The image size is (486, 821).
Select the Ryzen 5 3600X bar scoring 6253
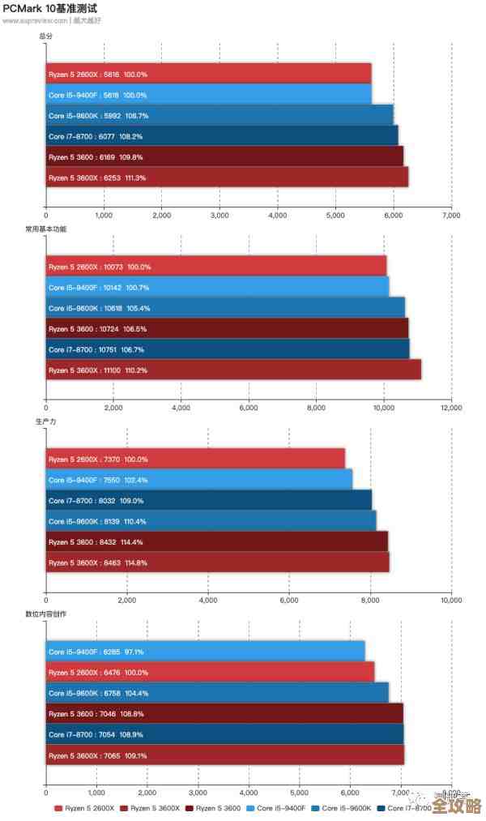pyautogui.click(x=227, y=177)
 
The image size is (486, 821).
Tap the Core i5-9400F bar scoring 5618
pyautogui.click(x=208, y=95)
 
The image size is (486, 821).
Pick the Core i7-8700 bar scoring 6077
pyautogui.click(x=221, y=136)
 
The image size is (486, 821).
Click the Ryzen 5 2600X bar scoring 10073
pyautogui.click(x=215, y=267)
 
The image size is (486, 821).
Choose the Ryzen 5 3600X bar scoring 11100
pyautogui.click(x=233, y=370)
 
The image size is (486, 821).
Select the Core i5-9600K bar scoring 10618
pyautogui.click(x=225, y=308)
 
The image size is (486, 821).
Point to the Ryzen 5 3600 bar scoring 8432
pyautogui.click(x=216, y=541)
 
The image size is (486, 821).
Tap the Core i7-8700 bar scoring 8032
pyautogui.click(x=208, y=500)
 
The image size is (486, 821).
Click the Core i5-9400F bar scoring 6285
pyautogui.click(x=205, y=652)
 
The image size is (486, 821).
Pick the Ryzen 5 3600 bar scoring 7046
pyautogui.click(x=224, y=713)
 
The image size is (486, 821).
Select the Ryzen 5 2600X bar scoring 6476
pyautogui.click(x=210, y=672)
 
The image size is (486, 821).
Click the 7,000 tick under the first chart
pyautogui.click(x=451, y=216)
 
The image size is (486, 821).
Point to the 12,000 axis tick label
pyautogui.click(x=451, y=408)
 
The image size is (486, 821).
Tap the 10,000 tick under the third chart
pyautogui.click(x=451, y=601)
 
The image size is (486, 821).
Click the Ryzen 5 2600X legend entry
pyautogui.click(x=85, y=808)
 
